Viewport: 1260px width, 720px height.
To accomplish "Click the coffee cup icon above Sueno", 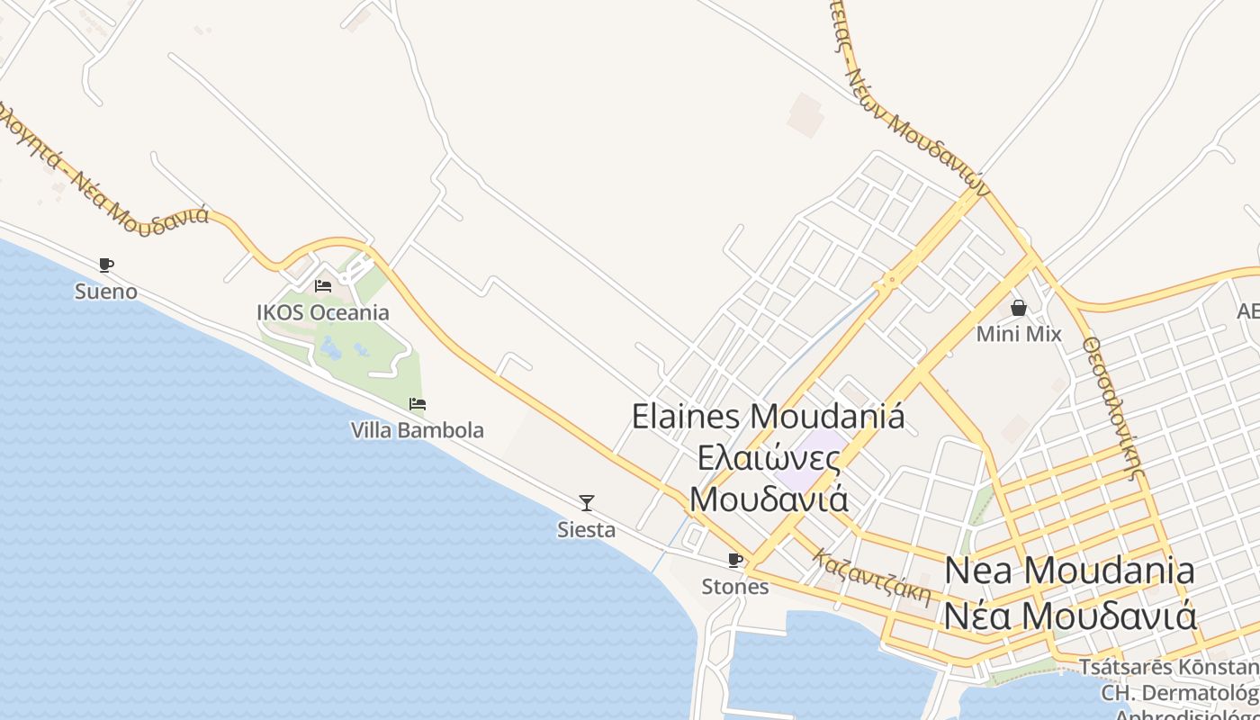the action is pyautogui.click(x=106, y=265).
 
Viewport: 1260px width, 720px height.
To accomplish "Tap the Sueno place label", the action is pyautogui.click(x=106, y=292).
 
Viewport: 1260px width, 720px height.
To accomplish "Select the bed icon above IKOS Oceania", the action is pyautogui.click(x=323, y=286).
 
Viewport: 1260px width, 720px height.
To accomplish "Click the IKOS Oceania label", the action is pyautogui.click(x=323, y=313).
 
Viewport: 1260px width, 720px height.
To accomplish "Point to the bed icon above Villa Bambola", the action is pyautogui.click(x=418, y=404).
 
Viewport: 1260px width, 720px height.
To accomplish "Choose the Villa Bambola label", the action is pyautogui.click(x=418, y=430).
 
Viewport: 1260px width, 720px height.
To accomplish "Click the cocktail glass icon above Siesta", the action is pyautogui.click(x=587, y=503).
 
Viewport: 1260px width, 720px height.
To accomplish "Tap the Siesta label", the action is pyautogui.click(x=587, y=530).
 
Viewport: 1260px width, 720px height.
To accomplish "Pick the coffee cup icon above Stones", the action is pyautogui.click(x=735, y=561).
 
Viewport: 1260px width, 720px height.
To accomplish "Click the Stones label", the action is pyautogui.click(x=735, y=587).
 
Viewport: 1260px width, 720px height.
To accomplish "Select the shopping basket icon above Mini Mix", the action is pyautogui.click(x=1019, y=308).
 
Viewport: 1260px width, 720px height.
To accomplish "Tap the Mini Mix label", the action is pyautogui.click(x=1019, y=334).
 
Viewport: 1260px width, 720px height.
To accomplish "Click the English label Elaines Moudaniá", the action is pyautogui.click(x=768, y=417).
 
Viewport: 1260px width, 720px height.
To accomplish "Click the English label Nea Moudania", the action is pyautogui.click(x=1070, y=571).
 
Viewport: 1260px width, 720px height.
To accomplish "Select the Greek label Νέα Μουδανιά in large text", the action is pyautogui.click(x=1070, y=616).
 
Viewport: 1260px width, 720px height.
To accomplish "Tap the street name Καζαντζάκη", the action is pyautogui.click(x=870, y=579).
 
